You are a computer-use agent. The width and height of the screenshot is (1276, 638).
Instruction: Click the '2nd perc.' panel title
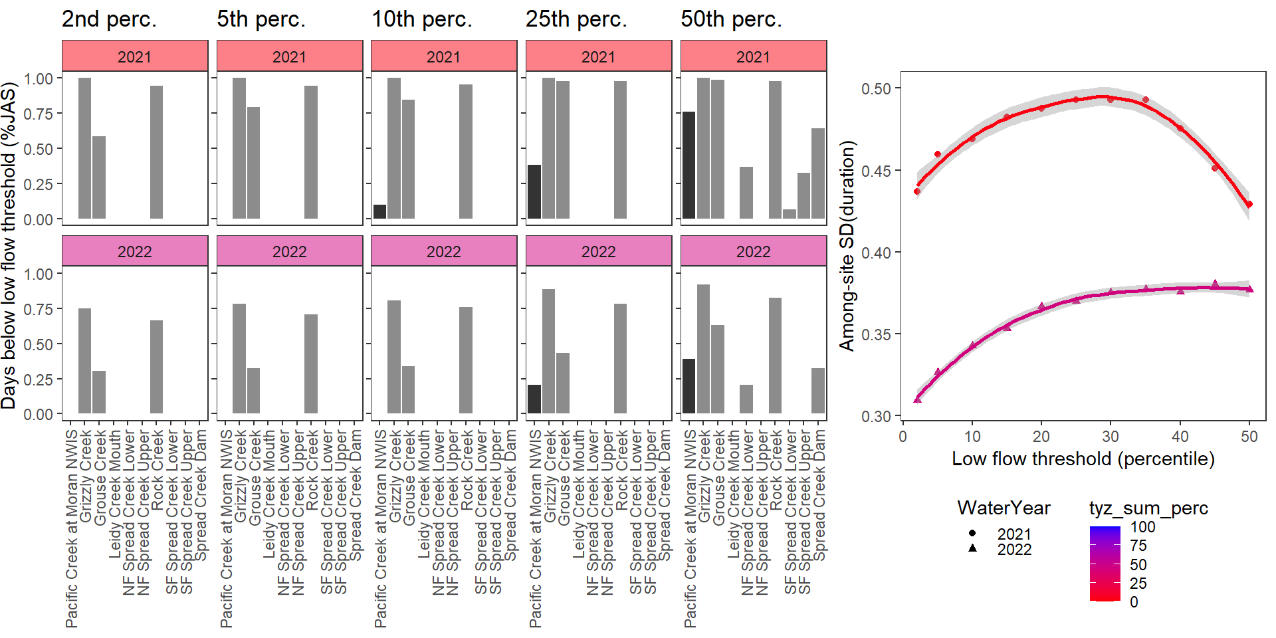pos(109,19)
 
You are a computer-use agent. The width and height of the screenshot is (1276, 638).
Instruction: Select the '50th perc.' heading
pos(731,19)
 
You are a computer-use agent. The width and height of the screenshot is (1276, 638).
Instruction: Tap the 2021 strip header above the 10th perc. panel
pos(443,56)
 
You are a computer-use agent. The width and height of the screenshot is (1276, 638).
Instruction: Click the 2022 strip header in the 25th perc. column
pos(598,252)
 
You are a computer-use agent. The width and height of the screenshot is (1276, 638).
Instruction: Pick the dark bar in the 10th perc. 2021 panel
pos(379,211)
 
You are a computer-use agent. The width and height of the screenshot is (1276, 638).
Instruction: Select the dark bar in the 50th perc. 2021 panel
pos(689,165)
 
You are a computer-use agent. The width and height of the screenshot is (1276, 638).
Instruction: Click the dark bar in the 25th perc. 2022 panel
pos(534,399)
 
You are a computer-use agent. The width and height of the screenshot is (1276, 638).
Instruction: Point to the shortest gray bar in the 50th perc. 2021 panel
pos(790,214)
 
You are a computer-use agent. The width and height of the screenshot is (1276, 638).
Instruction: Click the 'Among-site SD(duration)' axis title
pos(847,246)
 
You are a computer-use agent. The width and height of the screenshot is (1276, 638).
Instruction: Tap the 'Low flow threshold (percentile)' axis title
pos(1083,459)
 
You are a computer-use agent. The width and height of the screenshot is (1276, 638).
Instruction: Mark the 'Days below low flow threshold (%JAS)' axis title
pos(9,246)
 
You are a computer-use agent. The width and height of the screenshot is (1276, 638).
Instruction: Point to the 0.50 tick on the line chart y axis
pos(875,88)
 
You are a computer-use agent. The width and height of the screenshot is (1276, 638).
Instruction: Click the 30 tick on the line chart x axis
pos(1111,437)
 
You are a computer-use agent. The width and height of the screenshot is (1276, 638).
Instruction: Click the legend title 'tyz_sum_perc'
pos(1148,508)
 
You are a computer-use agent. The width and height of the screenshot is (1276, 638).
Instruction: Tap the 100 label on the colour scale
pos(1142,527)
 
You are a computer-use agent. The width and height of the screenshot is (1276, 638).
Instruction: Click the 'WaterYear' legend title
pos(1004,508)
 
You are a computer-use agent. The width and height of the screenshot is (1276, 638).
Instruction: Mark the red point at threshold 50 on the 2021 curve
pos(1249,205)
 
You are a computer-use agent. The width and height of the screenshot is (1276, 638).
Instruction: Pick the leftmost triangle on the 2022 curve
pos(918,399)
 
